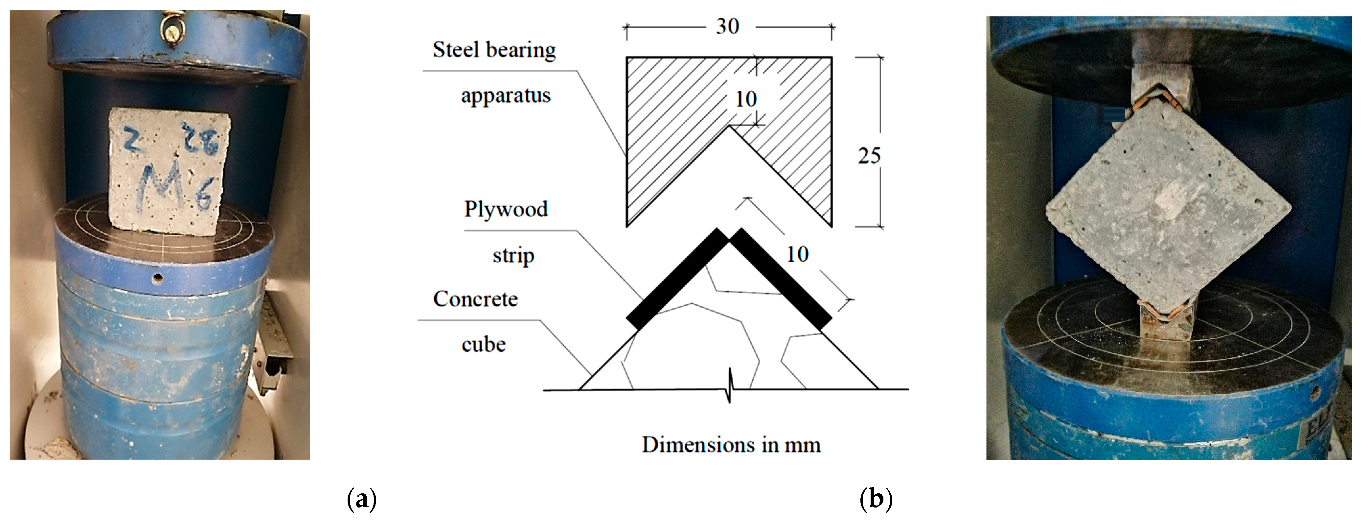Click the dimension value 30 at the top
727,27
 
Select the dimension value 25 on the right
869,155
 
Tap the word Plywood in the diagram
506,209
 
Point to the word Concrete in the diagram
475,299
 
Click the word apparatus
506,96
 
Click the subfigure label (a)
362,499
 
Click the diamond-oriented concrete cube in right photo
1168,212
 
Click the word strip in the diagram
513,255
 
